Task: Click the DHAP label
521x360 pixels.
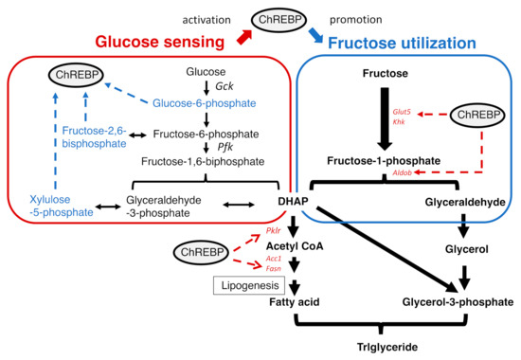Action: [x=294, y=202]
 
